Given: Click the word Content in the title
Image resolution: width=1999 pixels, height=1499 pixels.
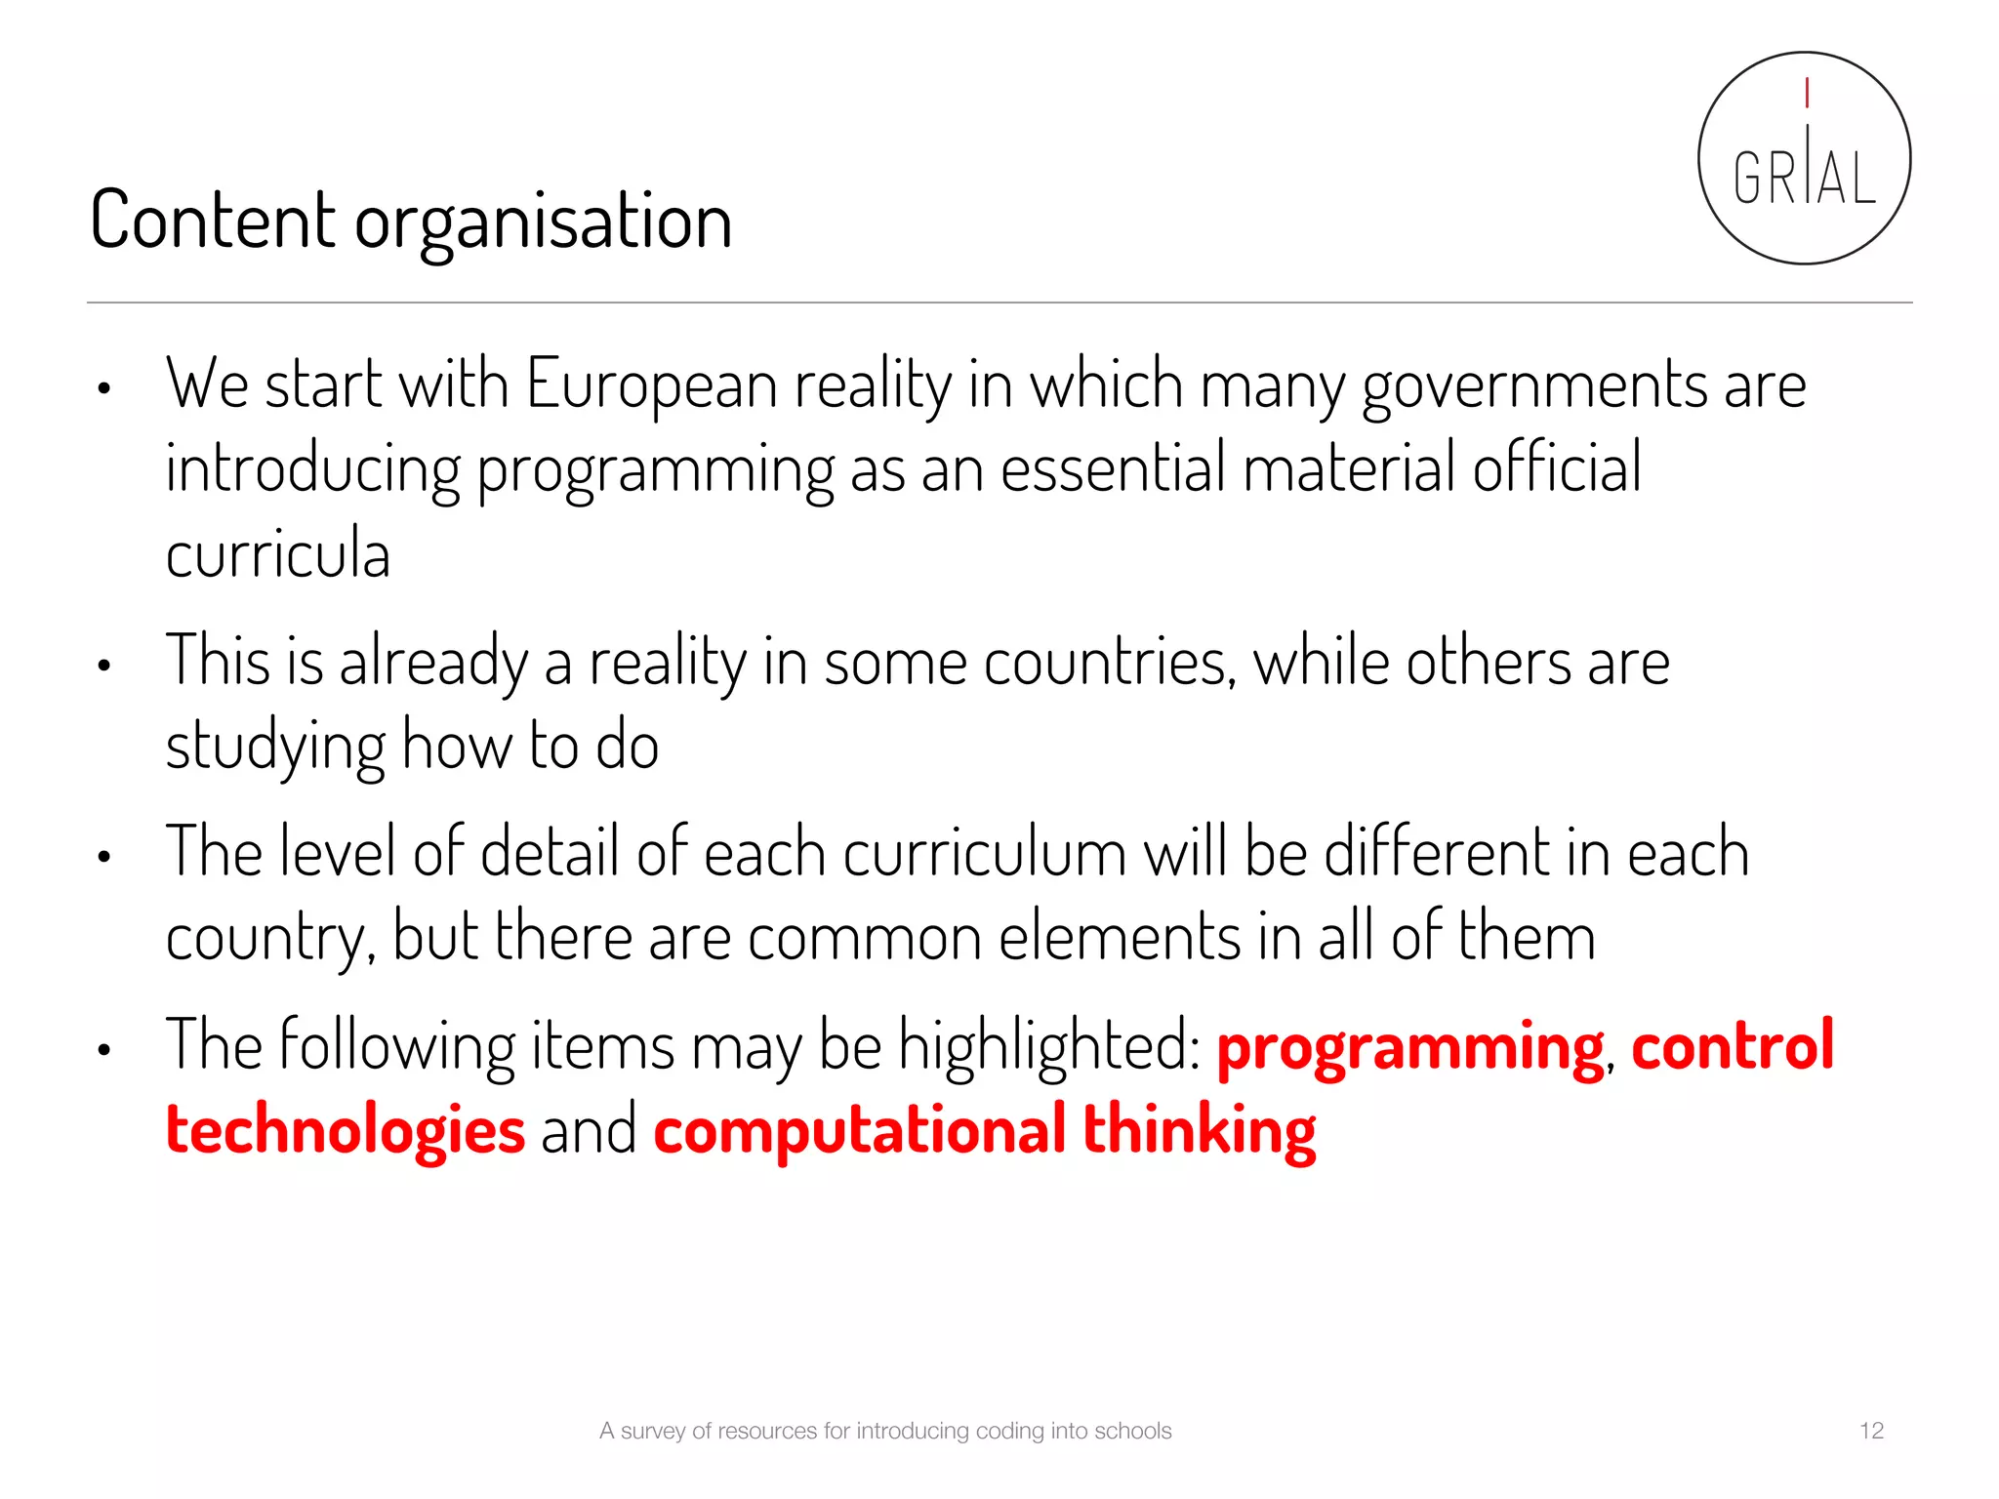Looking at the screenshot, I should [212, 221].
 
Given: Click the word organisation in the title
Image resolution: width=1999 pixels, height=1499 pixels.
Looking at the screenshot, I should [543, 223].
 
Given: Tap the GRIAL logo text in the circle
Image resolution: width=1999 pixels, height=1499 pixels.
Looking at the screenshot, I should [1804, 178].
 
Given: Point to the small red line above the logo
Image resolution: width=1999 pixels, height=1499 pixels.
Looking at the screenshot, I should [1807, 93].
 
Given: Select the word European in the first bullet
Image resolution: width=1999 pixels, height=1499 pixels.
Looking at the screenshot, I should [652, 384].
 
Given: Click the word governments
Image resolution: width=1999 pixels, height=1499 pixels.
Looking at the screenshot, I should [1534, 385].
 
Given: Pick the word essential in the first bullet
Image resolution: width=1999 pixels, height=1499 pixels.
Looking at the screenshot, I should [1113, 468].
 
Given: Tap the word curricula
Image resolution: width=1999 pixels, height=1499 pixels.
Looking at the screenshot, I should [278, 552].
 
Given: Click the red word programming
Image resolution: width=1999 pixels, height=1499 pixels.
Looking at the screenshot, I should [1409, 1047].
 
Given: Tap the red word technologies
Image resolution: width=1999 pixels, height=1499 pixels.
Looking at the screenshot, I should [346, 1130].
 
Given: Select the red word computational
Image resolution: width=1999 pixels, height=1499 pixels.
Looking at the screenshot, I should [859, 1130].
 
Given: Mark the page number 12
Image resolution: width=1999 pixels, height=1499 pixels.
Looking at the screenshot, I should [1871, 1431].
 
